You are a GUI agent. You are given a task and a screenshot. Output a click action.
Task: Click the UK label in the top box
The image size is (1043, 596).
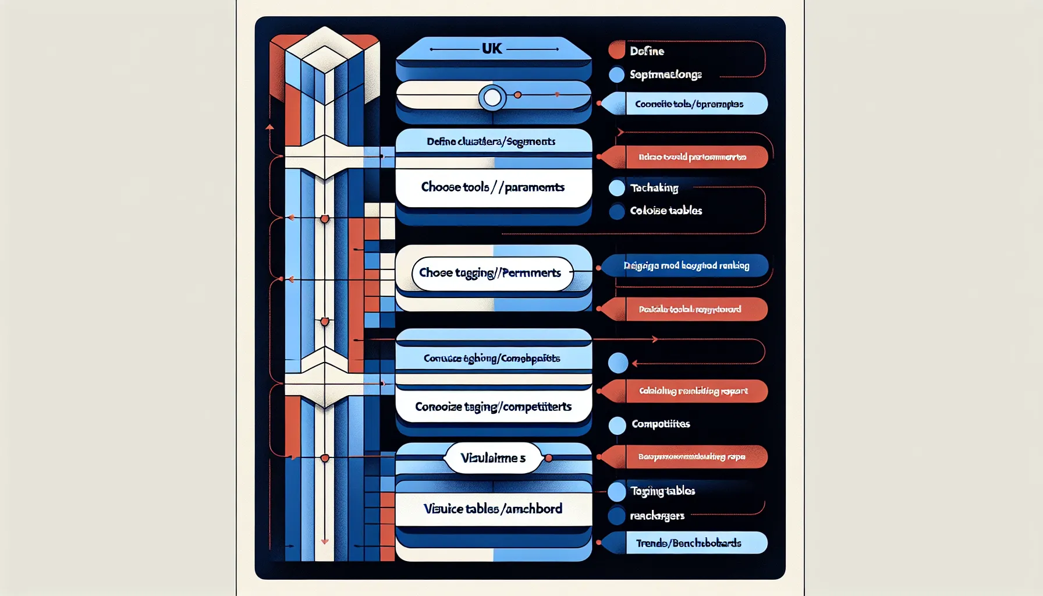point(492,49)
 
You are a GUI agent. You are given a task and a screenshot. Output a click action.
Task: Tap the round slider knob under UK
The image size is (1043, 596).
point(492,98)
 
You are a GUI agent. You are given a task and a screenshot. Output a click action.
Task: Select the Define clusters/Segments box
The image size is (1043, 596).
point(493,141)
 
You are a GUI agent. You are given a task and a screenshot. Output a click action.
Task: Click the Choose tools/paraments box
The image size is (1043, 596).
point(493,187)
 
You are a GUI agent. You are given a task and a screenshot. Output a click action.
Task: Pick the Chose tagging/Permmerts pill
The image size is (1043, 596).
point(491,273)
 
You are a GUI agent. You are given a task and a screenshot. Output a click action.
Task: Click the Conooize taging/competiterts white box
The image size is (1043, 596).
point(493,406)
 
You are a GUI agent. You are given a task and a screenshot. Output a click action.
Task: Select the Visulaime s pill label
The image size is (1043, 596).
point(492,458)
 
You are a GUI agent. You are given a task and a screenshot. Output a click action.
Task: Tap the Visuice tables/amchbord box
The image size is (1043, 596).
point(493,509)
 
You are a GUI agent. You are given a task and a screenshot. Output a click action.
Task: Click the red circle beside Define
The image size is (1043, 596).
point(616,51)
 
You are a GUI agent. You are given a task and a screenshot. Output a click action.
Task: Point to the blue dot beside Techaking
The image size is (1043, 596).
point(616,188)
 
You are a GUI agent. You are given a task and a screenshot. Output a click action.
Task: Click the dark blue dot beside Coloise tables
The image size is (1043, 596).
point(616,211)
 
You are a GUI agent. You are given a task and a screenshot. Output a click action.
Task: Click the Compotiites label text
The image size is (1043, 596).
point(661,424)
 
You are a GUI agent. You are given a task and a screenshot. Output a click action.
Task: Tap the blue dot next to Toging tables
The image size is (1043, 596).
point(616,492)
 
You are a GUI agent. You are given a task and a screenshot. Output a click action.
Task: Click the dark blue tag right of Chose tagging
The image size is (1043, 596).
point(687,265)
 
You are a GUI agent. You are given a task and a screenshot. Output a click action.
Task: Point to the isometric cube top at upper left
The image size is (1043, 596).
point(325,49)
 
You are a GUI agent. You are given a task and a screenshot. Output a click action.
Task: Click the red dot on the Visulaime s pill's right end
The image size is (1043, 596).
point(548,458)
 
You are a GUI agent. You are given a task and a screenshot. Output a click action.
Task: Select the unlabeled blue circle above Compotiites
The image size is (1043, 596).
point(618,363)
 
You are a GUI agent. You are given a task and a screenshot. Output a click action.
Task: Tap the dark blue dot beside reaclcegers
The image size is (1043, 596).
point(616,516)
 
